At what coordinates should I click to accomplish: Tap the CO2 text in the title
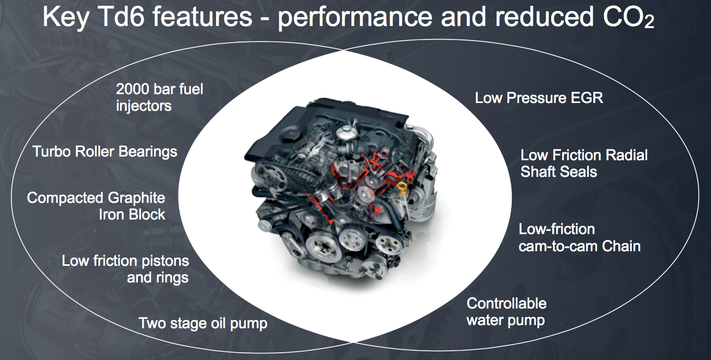tap(628, 18)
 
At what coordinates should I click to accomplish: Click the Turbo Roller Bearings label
tap(105, 151)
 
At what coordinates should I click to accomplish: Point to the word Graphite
tap(136, 198)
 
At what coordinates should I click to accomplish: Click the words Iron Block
tap(132, 215)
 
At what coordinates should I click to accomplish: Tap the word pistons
tap(165, 261)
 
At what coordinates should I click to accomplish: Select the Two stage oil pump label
tap(203, 324)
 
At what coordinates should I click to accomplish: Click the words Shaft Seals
tap(558, 172)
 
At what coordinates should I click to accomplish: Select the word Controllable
tap(506, 303)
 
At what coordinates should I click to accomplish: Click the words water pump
tap(505, 320)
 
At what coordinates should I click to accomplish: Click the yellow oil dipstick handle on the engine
tap(402, 186)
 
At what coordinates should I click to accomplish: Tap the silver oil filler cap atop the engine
tap(345, 132)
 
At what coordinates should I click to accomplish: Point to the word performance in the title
tap(355, 18)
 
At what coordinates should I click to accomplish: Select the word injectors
tap(144, 106)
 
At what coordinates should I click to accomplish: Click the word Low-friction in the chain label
tap(557, 229)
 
